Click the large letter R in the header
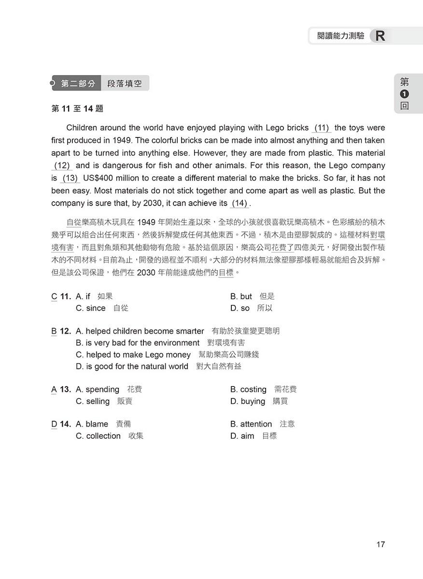(x=380, y=36)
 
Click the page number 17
(x=380, y=544)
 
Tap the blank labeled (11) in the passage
(x=322, y=128)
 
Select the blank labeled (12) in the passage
(x=62, y=165)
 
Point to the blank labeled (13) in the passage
(x=70, y=178)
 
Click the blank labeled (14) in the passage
(x=240, y=203)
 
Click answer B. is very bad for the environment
(x=138, y=343)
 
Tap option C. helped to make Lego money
(x=133, y=355)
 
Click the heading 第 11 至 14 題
(x=77, y=109)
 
